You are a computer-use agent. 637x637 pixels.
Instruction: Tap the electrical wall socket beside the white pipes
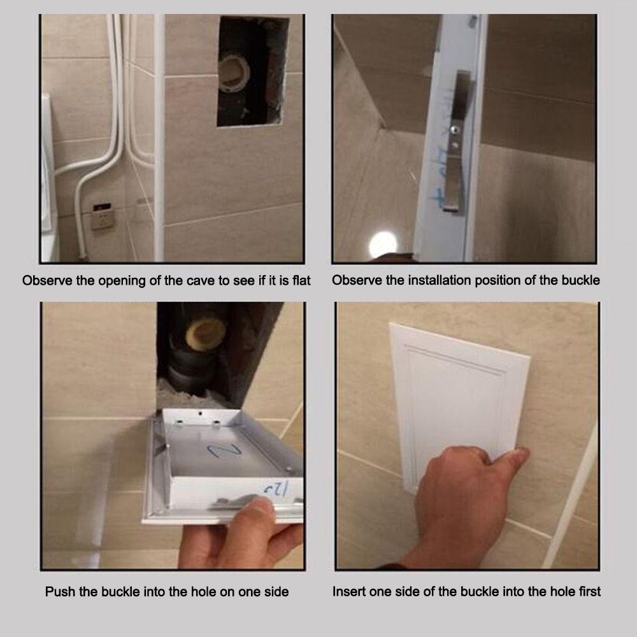[x=100, y=216]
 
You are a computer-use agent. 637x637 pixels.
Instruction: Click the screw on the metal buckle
[x=454, y=131]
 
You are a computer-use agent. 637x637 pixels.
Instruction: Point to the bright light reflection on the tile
[x=382, y=245]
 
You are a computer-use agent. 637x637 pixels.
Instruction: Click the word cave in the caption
[x=199, y=280]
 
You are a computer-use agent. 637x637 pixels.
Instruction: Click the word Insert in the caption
[x=349, y=592]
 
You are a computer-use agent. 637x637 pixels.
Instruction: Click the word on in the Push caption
[x=227, y=592]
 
